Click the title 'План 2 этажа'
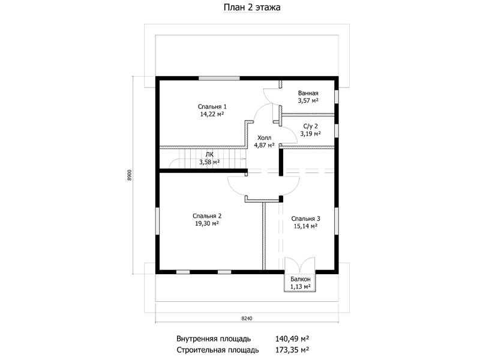coord(252,7)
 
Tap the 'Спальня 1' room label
coord(212,107)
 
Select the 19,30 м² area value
coord(207,223)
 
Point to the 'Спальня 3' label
coord(305,219)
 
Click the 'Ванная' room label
coord(308,93)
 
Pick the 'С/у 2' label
coord(310,126)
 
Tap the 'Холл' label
coord(264,138)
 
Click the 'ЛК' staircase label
coord(209,155)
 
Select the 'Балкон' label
coord(301,279)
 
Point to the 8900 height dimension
coord(130,175)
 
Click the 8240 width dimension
coord(247,319)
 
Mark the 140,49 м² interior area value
coord(292,338)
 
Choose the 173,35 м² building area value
coord(292,350)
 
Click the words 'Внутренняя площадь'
coord(214,339)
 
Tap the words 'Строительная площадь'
coord(218,350)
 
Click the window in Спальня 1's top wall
coord(219,78)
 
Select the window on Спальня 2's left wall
coord(157,221)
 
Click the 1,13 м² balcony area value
coord(301,287)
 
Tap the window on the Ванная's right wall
coord(337,97)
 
